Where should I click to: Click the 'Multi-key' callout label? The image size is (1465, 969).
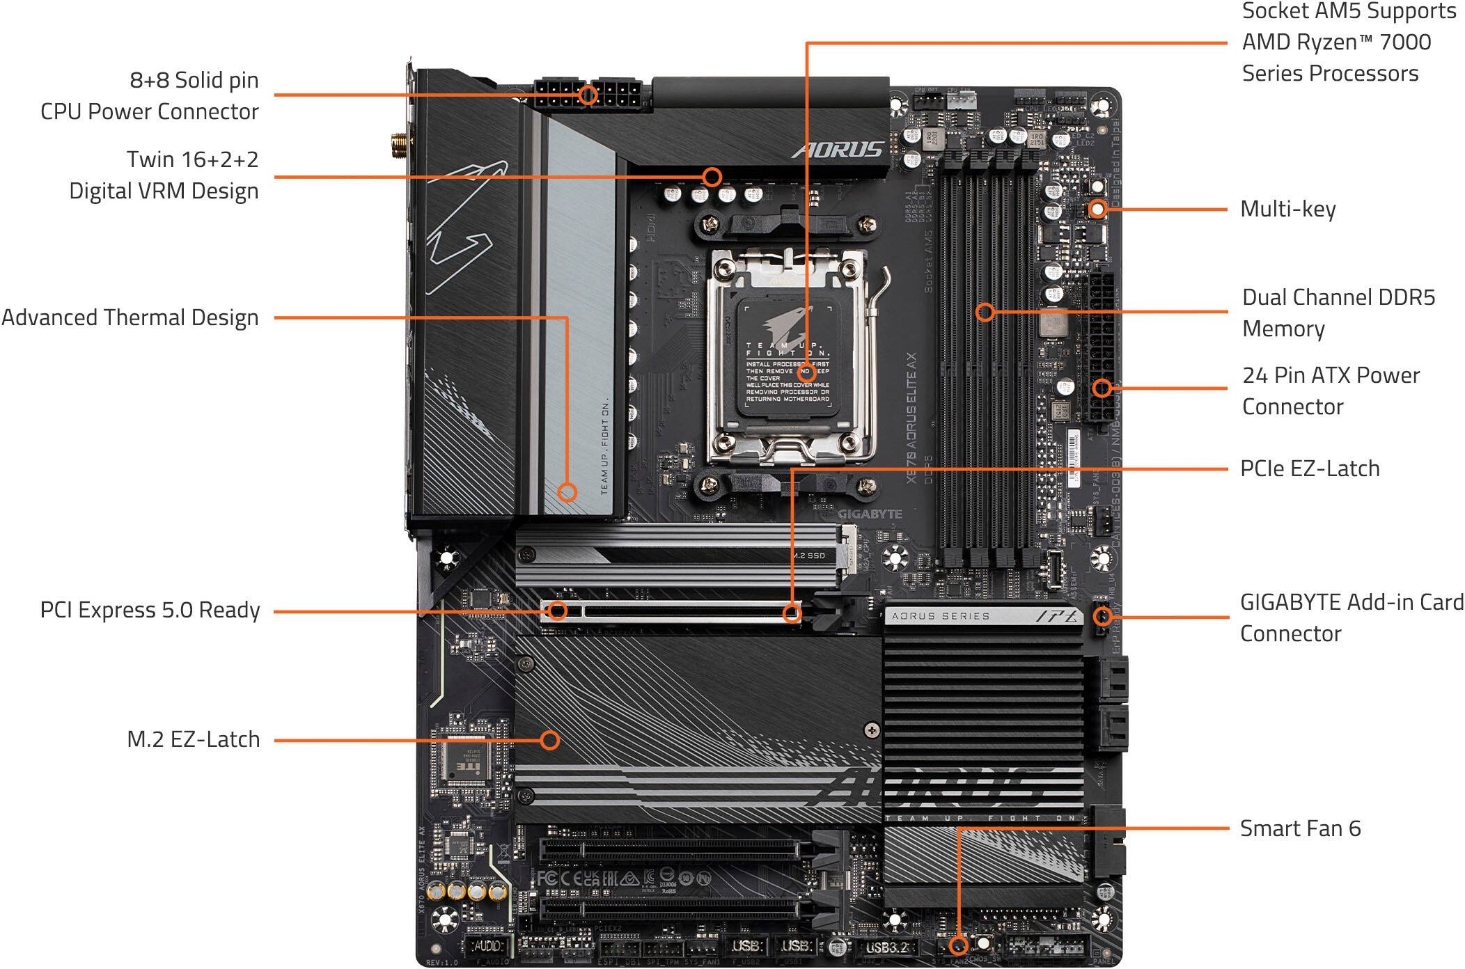point(1287,209)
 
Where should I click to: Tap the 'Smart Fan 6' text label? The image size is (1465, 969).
point(1299,828)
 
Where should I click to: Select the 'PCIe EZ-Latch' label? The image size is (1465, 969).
point(1309,468)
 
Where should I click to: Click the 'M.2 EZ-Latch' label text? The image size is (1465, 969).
point(193,739)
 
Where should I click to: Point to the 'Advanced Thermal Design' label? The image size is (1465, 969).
point(130,317)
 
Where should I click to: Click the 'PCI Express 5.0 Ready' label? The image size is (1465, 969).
point(150,610)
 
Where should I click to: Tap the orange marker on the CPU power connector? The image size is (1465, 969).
point(588,95)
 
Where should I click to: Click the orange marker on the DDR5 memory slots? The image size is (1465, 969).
point(984,311)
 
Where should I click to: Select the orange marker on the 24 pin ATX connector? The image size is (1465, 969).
point(1101,388)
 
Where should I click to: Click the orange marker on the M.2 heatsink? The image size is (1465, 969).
point(550,739)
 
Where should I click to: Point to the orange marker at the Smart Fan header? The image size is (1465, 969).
point(958,945)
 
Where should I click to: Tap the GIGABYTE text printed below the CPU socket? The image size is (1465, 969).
point(870,514)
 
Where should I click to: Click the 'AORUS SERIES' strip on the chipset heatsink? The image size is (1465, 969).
point(940,616)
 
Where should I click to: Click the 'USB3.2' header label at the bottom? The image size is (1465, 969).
point(886,947)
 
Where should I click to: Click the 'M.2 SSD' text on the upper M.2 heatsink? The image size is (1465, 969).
point(809,556)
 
